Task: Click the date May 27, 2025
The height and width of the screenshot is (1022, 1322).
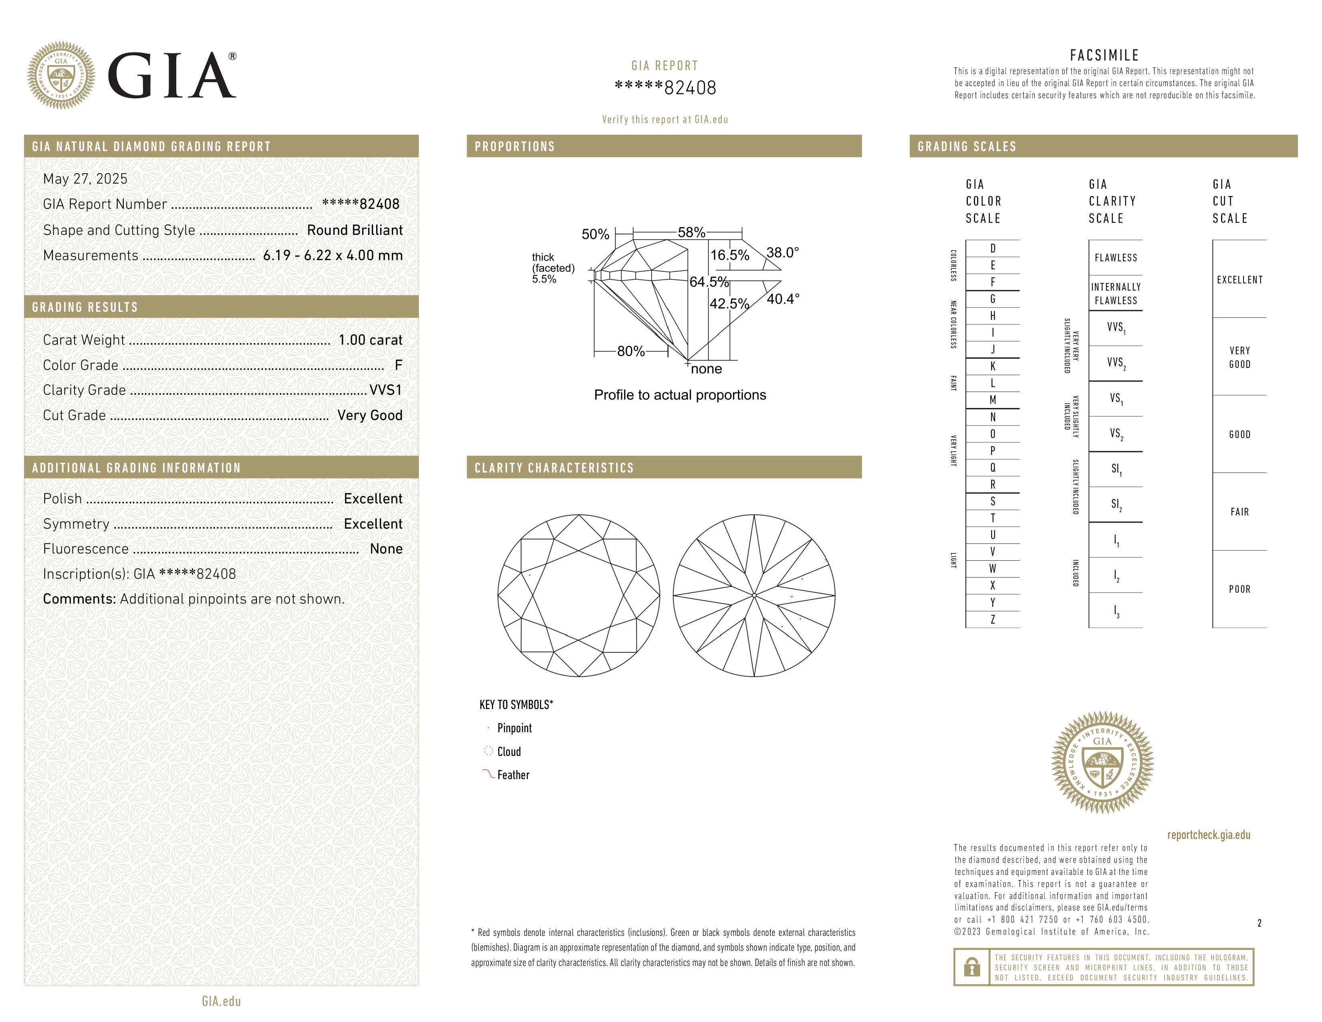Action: (85, 179)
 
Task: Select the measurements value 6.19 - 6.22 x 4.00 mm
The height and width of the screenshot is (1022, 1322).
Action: (333, 256)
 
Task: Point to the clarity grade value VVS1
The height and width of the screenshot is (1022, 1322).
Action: (385, 390)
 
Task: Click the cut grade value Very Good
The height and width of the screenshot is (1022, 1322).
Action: (370, 415)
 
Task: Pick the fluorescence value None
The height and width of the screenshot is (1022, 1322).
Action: (386, 549)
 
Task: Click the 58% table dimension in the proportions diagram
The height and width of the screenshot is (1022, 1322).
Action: (691, 232)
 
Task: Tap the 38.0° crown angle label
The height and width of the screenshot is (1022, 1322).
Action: (783, 252)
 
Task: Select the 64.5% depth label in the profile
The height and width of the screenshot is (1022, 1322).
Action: (709, 281)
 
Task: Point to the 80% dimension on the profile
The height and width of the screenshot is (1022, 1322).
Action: (631, 351)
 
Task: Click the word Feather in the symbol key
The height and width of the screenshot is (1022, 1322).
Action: (513, 775)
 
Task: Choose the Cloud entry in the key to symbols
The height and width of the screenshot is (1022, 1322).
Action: (509, 751)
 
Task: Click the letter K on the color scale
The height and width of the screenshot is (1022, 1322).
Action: (993, 366)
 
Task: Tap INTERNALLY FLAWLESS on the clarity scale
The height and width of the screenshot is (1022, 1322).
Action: (1116, 294)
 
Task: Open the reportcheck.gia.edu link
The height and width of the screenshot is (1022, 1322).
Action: (1209, 835)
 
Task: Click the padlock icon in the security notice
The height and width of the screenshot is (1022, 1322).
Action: (971, 967)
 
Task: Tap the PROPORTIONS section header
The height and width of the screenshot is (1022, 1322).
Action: (514, 147)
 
